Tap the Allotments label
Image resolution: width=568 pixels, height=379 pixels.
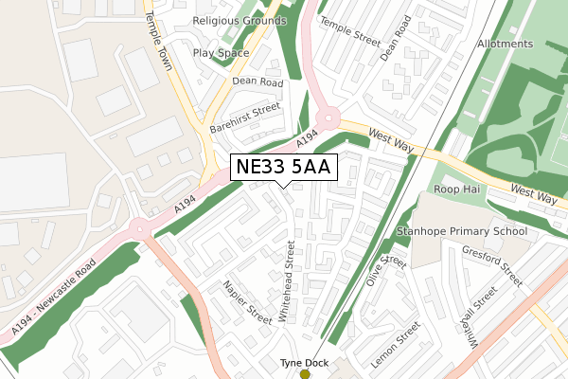tap(506, 45)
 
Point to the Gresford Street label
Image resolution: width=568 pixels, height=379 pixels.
tap(492, 264)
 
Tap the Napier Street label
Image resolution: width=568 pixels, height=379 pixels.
tap(248, 298)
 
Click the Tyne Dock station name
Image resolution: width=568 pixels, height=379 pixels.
tap(305, 362)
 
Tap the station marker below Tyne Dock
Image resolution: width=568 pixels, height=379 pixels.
tap(305, 374)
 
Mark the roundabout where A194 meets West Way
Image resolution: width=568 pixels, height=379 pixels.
tap(328, 119)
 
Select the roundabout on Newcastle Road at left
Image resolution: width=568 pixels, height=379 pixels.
tap(139, 227)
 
